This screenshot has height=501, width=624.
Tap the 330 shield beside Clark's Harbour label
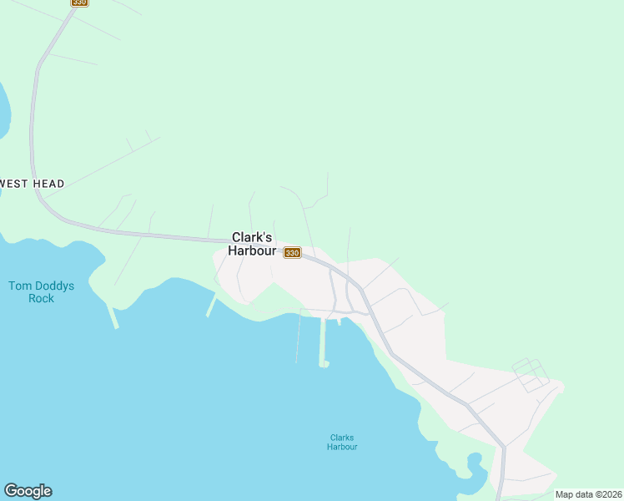point(292,252)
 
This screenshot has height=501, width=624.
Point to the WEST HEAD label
point(32,184)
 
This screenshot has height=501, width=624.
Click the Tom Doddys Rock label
point(41,292)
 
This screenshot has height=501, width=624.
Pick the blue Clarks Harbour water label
point(342,442)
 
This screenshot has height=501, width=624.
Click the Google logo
point(28,491)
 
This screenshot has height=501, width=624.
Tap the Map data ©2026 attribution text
point(588,494)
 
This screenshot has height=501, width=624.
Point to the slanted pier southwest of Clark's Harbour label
point(211,306)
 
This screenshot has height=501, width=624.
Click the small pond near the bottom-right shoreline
point(476,463)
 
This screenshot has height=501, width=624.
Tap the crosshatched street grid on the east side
point(531,375)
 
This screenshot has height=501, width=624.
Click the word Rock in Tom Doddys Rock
point(41,298)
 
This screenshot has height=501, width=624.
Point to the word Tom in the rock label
point(19,286)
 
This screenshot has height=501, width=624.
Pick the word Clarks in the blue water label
point(342,438)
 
